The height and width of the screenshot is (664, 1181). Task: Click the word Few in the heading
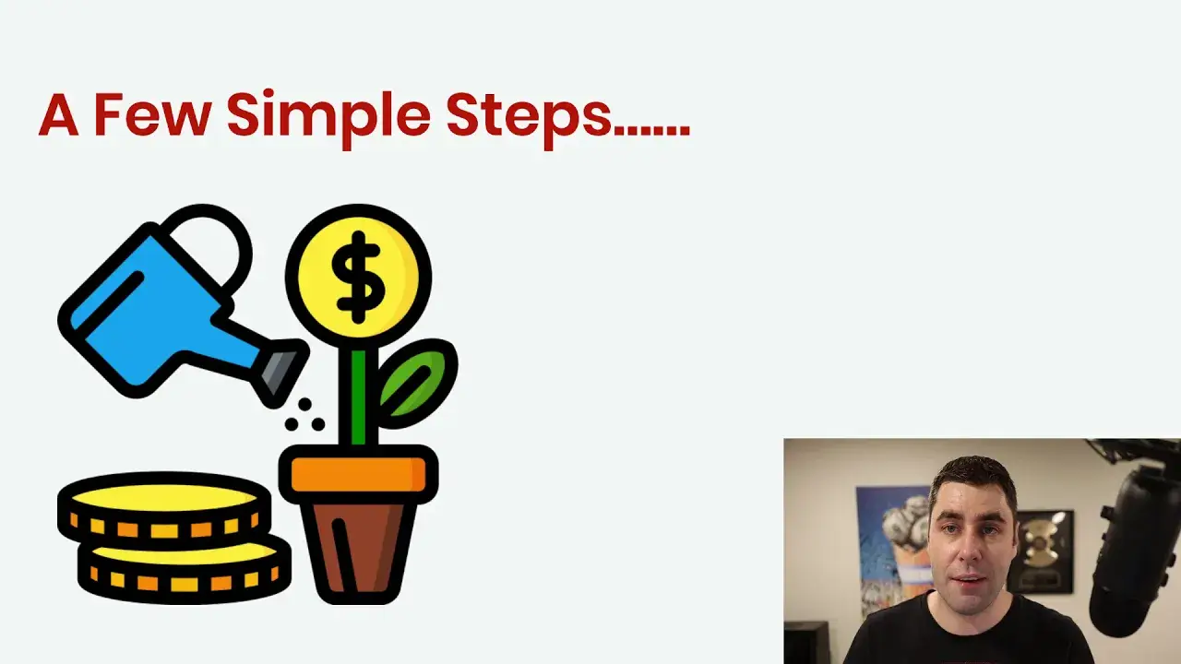tap(153, 114)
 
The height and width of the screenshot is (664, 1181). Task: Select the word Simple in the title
tap(328, 120)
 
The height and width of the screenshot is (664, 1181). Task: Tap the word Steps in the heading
tap(529, 120)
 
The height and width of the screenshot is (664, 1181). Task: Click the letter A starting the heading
tap(58, 114)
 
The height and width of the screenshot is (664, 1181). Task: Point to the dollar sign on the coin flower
tap(359, 278)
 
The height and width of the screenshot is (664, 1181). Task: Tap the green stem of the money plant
tap(359, 397)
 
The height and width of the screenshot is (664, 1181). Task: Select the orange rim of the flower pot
tap(359, 474)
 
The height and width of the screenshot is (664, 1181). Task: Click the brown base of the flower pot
tap(359, 551)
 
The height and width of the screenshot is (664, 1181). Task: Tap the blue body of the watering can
tap(153, 311)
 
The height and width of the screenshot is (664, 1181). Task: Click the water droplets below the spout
tap(304, 415)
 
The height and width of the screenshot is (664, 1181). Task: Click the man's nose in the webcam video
tap(969, 553)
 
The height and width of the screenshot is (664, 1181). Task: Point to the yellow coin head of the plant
tap(359, 276)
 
